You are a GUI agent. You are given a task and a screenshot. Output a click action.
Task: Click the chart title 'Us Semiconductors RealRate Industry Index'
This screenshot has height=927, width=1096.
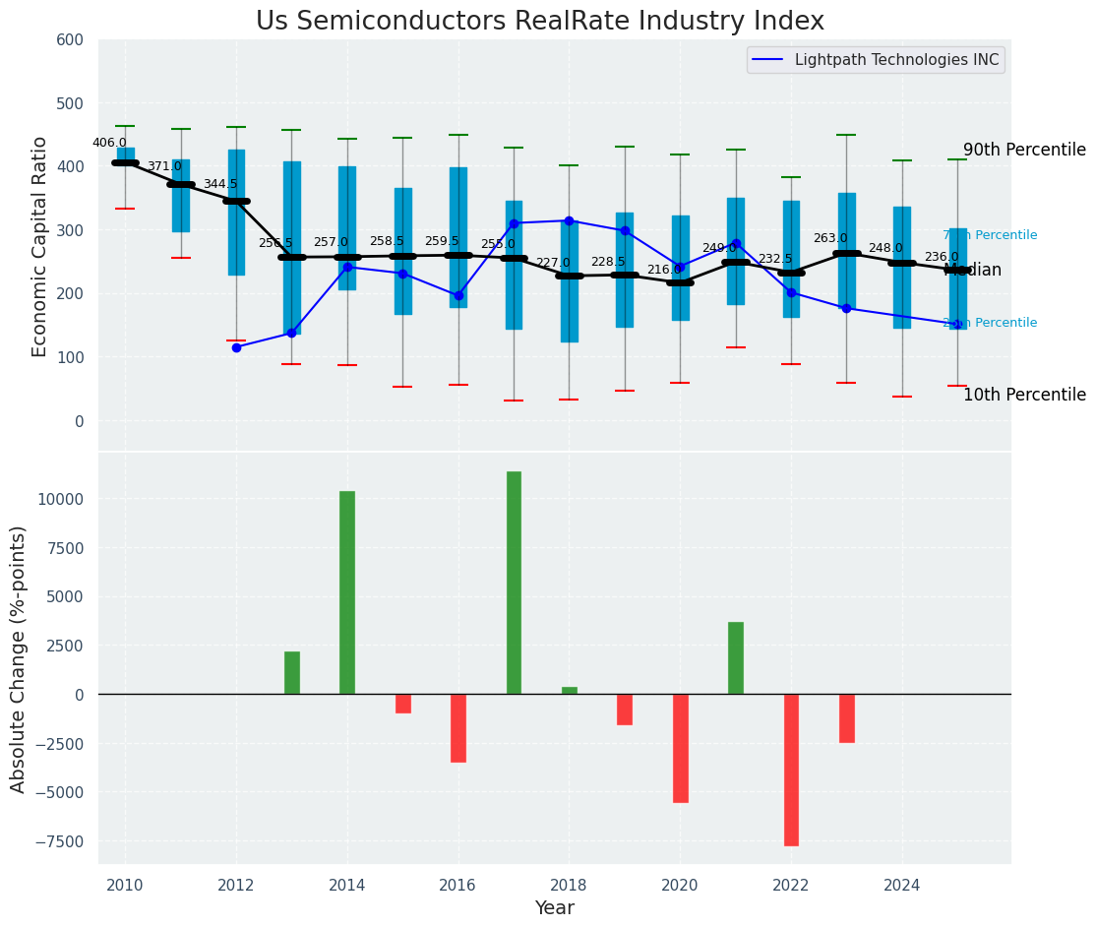click(x=540, y=22)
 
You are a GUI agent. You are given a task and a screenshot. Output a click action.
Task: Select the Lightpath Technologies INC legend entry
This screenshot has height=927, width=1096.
click(x=876, y=60)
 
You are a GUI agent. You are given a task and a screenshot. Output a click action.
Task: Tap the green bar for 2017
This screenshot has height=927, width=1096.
click(x=514, y=583)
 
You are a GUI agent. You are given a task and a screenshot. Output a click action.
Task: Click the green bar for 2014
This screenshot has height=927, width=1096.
click(x=347, y=592)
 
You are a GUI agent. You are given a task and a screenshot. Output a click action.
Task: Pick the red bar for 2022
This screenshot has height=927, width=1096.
click(x=791, y=770)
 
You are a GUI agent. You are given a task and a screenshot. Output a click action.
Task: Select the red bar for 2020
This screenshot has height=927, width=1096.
click(x=680, y=748)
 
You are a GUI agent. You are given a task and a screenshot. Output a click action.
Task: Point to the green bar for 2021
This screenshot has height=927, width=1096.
click(x=736, y=658)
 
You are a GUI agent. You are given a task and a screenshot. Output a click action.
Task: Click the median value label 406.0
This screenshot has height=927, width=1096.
click(x=109, y=143)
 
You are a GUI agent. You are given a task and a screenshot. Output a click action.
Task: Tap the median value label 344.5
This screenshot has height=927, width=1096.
click(x=220, y=184)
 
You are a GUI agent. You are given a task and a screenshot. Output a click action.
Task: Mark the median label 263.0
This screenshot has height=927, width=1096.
click(x=830, y=238)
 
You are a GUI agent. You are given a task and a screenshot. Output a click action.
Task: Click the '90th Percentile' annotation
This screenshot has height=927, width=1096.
click(x=1024, y=151)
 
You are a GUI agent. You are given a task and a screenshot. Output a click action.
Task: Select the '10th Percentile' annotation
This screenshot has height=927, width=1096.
click(x=1024, y=395)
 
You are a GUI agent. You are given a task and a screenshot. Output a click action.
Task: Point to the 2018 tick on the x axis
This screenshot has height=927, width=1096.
click(x=569, y=885)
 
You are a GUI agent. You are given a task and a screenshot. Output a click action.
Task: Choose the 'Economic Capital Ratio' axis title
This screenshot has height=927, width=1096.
click(x=40, y=246)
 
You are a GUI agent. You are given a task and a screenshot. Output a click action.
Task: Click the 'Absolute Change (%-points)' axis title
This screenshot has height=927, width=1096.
click(x=19, y=658)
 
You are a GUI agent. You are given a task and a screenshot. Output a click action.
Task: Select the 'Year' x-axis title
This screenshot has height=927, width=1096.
click(x=555, y=908)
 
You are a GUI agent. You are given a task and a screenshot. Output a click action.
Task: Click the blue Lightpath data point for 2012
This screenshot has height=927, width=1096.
click(x=236, y=347)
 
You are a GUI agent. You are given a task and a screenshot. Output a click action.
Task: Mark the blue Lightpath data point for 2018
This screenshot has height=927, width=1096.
click(x=569, y=220)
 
